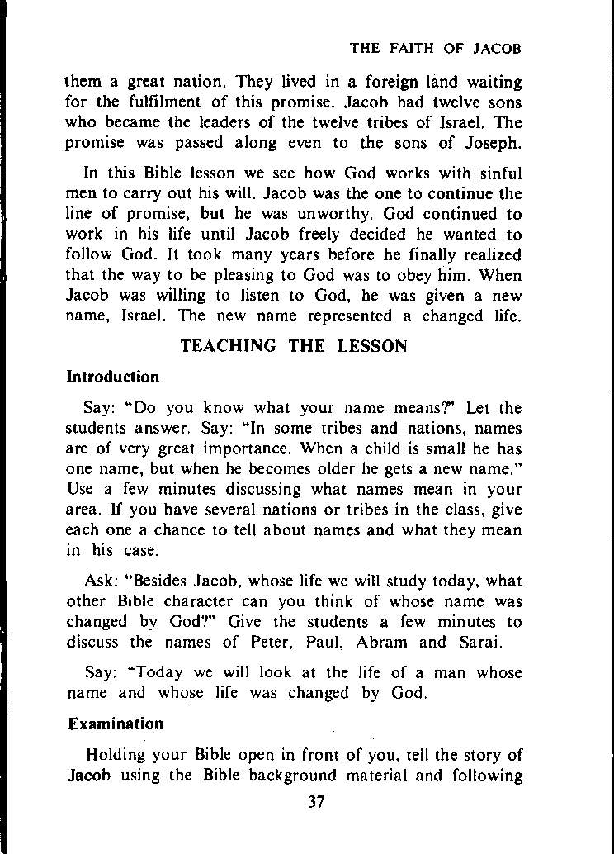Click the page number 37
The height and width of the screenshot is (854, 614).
313,801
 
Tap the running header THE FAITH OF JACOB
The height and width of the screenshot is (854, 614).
436,48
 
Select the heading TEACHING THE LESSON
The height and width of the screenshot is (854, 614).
294,346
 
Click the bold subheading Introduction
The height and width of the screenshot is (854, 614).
112,377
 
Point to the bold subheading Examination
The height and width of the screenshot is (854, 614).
116,724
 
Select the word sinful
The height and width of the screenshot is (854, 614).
499,174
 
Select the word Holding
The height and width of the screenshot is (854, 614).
117,755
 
